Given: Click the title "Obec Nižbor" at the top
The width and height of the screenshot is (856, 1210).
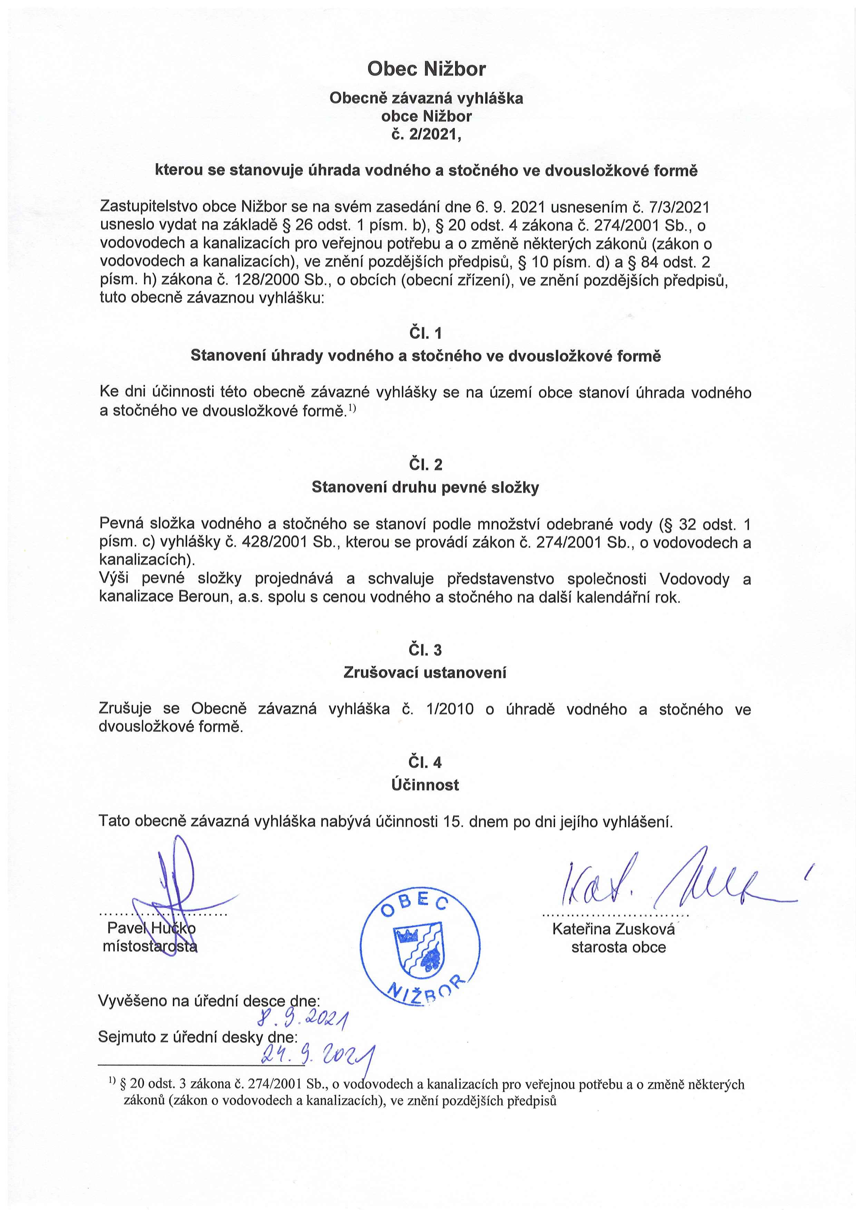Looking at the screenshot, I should point(426,69).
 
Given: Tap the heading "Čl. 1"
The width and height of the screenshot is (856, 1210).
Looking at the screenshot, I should point(425,333).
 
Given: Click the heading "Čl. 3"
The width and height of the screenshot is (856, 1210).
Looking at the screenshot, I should point(425,650).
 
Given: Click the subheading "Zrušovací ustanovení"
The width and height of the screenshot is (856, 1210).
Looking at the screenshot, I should point(425,673).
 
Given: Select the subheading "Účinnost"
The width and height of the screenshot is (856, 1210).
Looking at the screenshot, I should point(425,785).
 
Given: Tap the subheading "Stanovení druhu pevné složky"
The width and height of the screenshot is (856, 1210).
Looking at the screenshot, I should point(425,487).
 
